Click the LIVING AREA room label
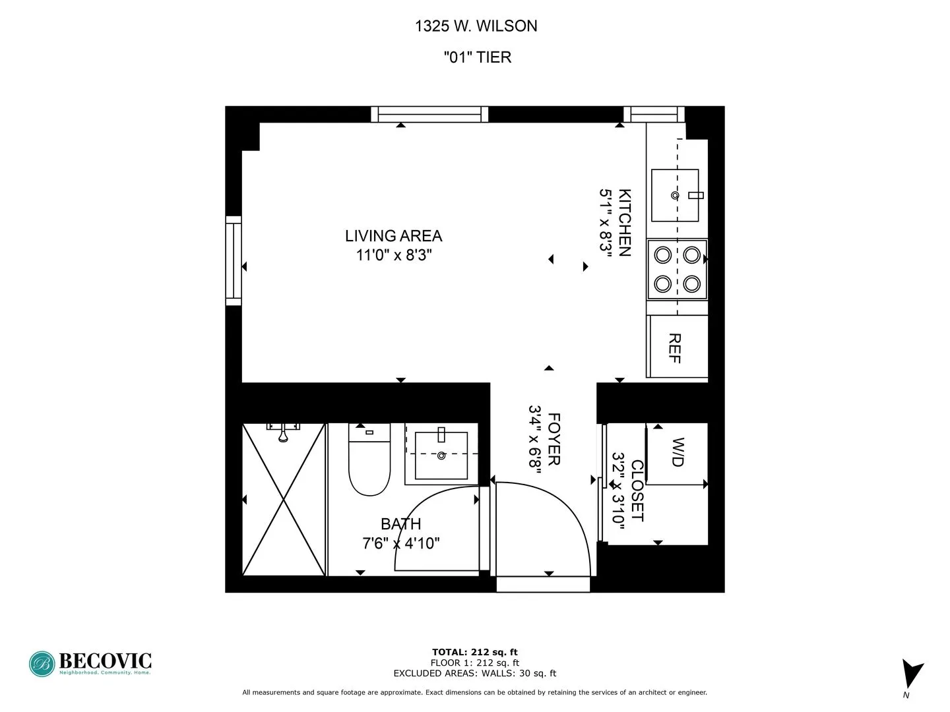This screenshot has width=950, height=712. coord(393,236)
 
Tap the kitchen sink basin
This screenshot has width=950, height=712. coord(675,195)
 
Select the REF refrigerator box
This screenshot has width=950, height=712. coord(676,347)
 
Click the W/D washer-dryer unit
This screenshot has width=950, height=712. coord(677,454)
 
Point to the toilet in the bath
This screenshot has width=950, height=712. coord(369,461)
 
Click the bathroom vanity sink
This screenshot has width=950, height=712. coord(441,455)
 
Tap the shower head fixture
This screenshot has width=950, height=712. coord(283,432)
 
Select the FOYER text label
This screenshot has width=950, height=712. coord(554,439)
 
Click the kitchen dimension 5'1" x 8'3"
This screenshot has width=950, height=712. coord(606,220)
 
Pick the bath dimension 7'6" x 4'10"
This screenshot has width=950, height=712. coord(401,543)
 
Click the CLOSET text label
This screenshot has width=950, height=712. coord(637,490)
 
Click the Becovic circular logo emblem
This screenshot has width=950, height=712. coord(42,664)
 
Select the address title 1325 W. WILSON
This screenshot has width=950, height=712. coord(476,26)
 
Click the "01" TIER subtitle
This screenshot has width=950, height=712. coord(477,57)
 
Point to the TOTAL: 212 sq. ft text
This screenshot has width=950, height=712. coord(474,653)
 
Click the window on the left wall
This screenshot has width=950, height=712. coord(234,260)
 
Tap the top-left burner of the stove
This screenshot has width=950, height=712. coord(662,254)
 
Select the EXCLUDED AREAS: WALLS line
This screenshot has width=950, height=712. coord(474,673)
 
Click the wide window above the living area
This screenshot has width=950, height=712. coord(429,115)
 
